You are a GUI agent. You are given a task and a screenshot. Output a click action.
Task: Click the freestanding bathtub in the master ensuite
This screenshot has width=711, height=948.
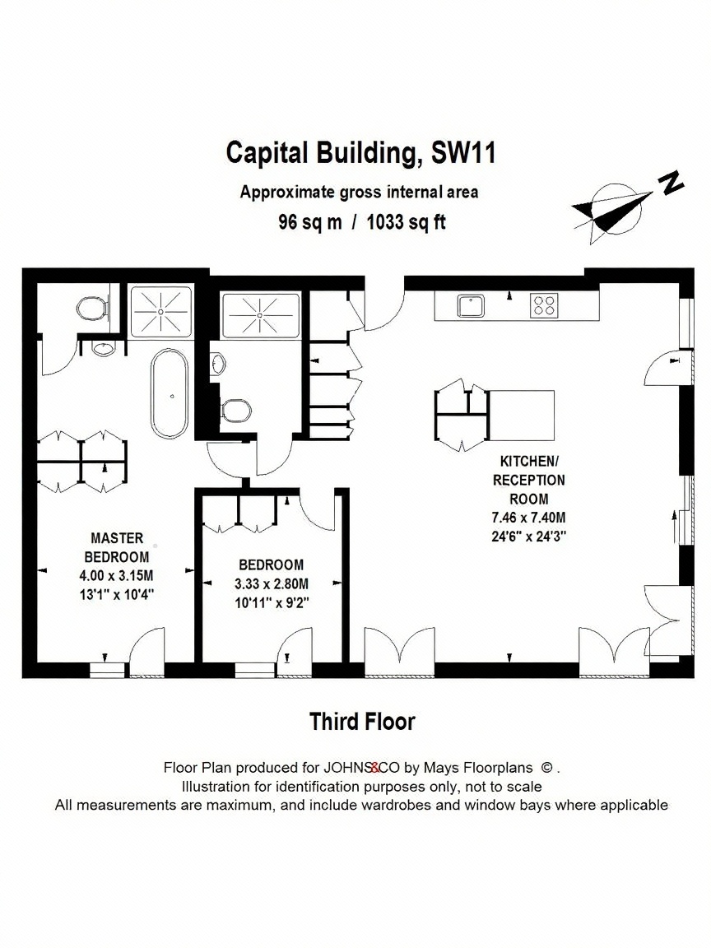(x=170, y=393)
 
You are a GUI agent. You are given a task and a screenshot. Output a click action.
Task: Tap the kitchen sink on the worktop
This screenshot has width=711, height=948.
(x=470, y=306)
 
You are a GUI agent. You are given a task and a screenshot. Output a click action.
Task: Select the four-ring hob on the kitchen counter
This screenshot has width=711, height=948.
(x=543, y=306)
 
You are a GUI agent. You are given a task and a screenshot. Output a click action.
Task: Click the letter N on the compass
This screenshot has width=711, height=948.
(x=671, y=182)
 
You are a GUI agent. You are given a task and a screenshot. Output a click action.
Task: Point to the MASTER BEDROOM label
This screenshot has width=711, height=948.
(x=117, y=547)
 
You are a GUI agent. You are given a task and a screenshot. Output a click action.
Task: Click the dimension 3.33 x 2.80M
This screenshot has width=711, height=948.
(x=272, y=584)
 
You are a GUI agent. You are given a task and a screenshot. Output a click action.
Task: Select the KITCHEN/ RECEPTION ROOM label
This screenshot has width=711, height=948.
(x=528, y=480)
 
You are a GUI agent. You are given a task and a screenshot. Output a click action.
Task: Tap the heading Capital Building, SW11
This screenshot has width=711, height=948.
(x=361, y=152)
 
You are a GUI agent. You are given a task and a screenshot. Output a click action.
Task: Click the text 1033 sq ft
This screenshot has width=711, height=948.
(x=406, y=222)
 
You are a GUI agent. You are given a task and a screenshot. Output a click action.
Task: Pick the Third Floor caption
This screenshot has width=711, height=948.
(x=362, y=721)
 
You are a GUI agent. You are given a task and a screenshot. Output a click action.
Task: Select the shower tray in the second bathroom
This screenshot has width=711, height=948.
(x=261, y=315)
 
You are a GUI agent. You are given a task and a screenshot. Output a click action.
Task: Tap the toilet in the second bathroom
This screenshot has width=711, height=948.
(x=236, y=411)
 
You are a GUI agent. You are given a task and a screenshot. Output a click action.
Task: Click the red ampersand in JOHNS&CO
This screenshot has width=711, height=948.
(x=375, y=768)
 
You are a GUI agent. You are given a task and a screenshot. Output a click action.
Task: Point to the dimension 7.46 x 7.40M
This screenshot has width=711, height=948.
(x=528, y=518)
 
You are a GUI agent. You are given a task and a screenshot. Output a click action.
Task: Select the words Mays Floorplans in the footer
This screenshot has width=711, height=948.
(x=477, y=768)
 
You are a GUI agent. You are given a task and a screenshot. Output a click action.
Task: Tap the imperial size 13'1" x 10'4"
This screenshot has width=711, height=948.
(x=117, y=594)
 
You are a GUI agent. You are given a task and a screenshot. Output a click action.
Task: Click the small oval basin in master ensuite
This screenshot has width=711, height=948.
(x=104, y=348)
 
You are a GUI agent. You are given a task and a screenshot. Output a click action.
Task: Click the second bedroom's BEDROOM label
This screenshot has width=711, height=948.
(x=272, y=565)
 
